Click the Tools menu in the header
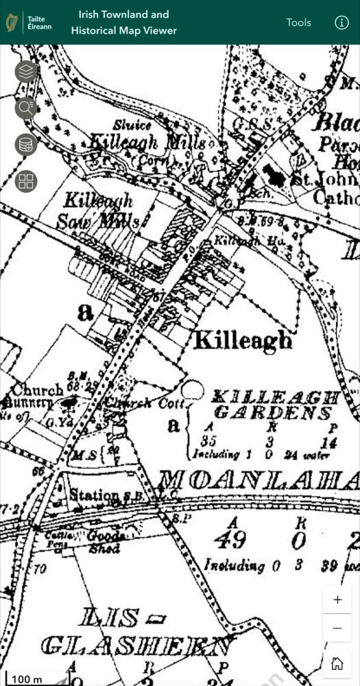click(x=298, y=23)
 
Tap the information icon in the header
click(x=341, y=23)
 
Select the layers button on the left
click(x=26, y=71)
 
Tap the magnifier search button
click(x=26, y=108)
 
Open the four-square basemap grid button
click(x=26, y=181)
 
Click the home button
click(x=337, y=663)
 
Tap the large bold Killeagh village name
click(x=242, y=340)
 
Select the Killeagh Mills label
click(x=147, y=143)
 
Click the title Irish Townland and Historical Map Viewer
click(x=123, y=23)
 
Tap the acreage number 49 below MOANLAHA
click(x=230, y=540)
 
